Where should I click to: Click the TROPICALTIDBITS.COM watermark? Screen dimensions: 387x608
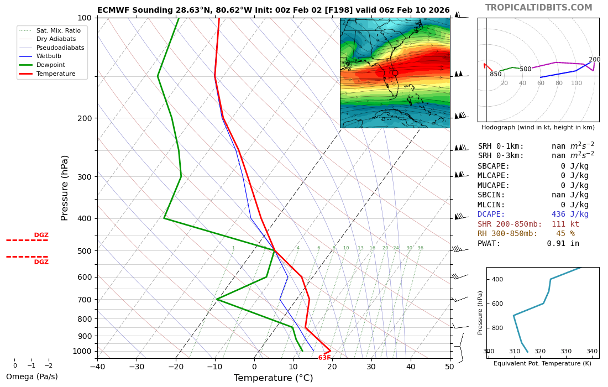coord(538,8)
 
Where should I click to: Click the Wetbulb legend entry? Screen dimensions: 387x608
coord(48,56)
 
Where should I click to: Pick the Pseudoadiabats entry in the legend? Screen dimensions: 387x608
coord(60,48)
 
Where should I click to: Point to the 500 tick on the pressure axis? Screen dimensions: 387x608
coord(84,251)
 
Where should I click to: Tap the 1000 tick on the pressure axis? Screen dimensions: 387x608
coord(82,351)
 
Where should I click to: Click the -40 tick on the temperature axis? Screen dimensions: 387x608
coord(97,366)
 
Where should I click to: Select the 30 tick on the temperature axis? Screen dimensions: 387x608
coord(371,366)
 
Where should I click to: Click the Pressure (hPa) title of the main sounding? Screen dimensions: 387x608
coord(65,187)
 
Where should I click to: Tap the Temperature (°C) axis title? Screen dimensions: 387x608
coord(273,378)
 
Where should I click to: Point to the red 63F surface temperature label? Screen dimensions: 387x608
coord(324,358)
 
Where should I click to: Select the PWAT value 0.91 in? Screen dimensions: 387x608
coord(563,244)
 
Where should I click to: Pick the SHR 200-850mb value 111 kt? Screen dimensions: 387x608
coord(565,224)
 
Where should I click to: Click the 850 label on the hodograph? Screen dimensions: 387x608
coord(495,74)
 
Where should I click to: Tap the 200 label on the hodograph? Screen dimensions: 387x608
coord(594,60)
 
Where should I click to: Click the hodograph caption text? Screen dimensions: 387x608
coord(538,128)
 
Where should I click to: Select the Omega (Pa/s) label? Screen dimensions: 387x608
coord(32,377)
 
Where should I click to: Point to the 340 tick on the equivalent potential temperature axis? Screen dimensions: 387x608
coord(591,352)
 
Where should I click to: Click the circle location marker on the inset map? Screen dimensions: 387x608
coord(395,73)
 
